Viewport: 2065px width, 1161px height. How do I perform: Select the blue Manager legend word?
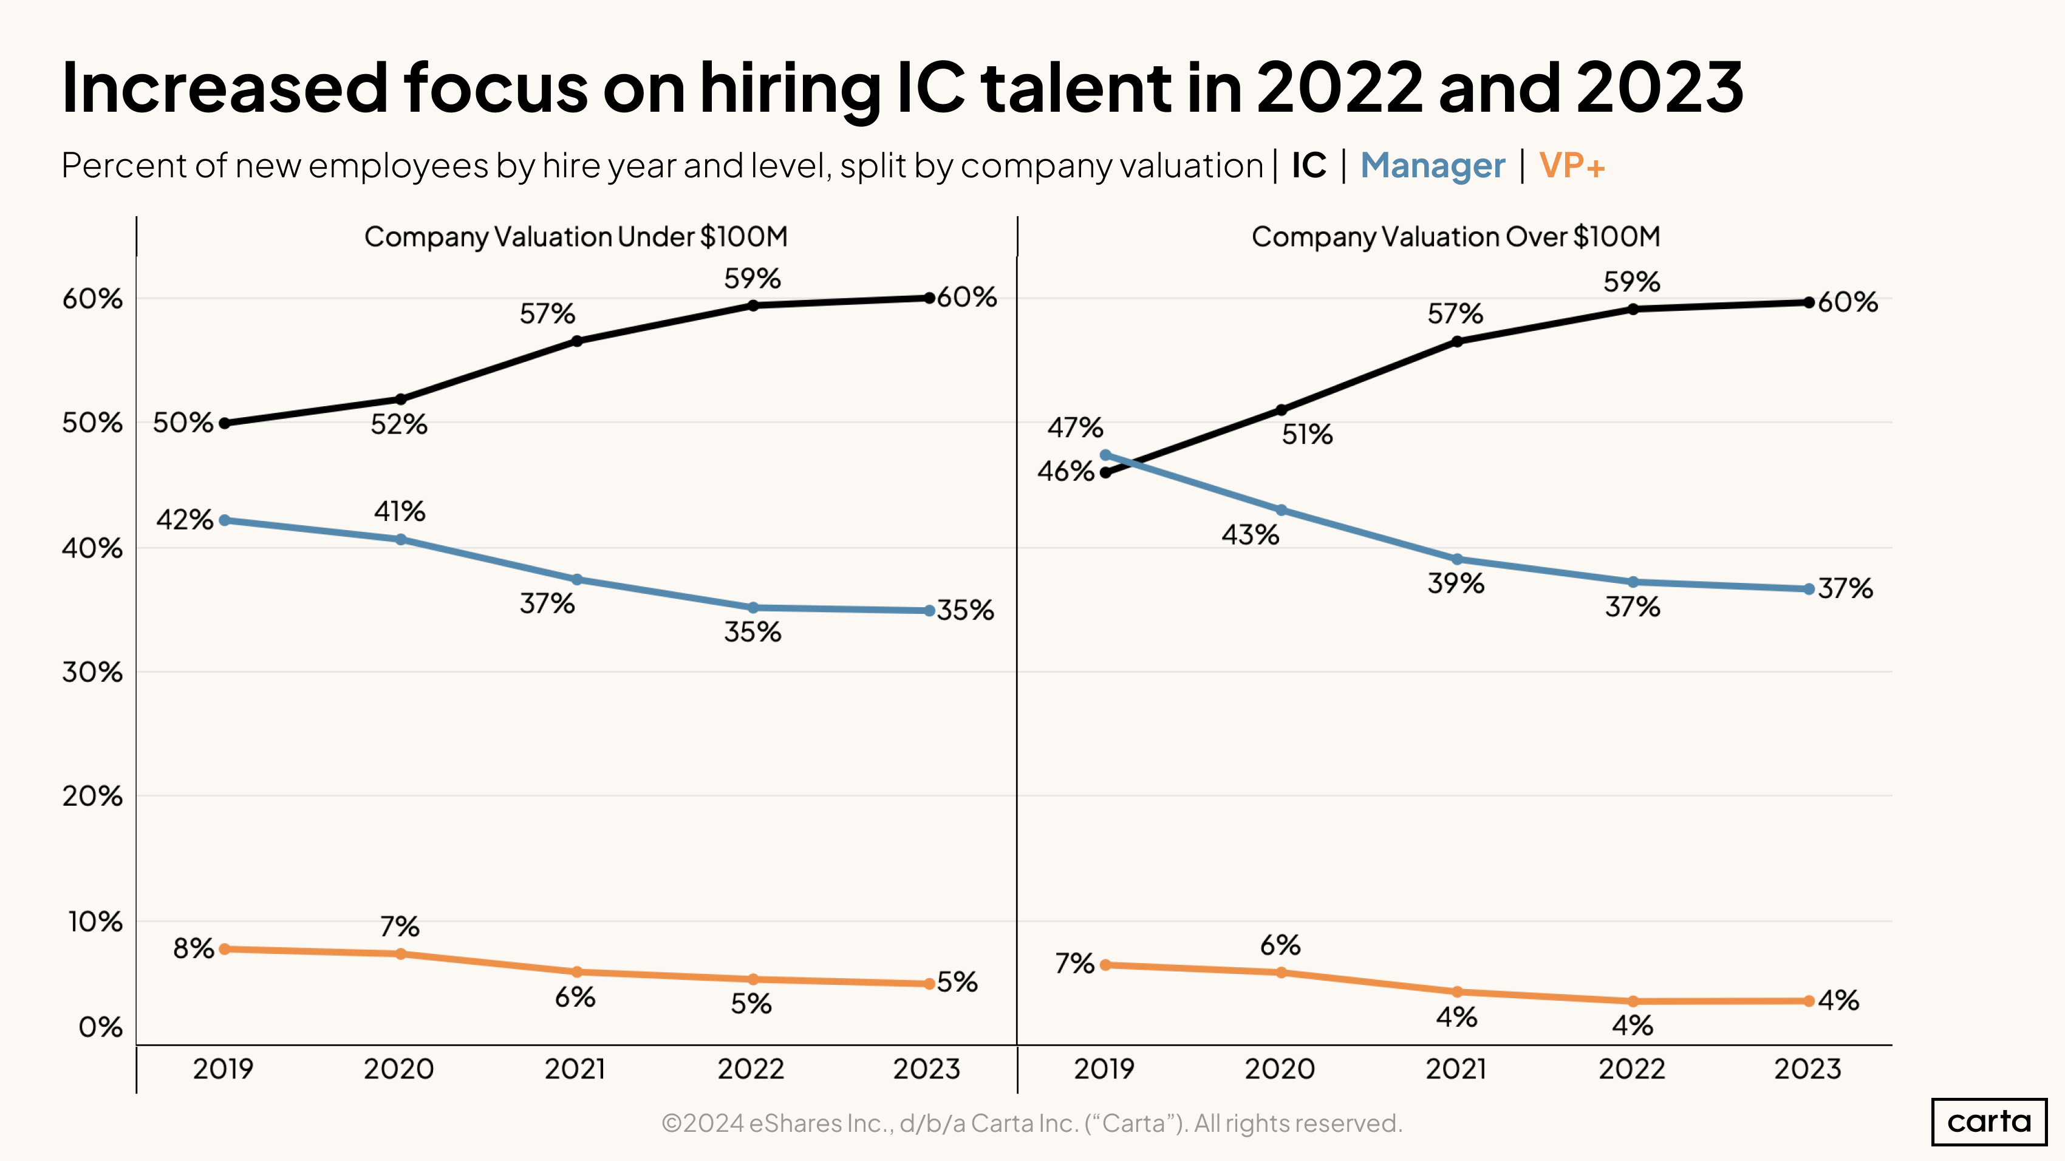[x=1433, y=166]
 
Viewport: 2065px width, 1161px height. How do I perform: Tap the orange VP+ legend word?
[x=1571, y=166]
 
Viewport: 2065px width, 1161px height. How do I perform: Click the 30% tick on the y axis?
[x=92, y=672]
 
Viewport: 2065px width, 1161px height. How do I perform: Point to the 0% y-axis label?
[x=100, y=1027]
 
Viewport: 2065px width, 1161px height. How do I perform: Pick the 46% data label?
[x=1065, y=471]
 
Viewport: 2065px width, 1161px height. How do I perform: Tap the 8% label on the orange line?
[x=193, y=948]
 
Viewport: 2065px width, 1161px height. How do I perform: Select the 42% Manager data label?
[x=185, y=519]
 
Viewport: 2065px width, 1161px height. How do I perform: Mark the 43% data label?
[x=1250, y=534]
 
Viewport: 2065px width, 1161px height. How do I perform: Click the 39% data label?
[x=1456, y=584]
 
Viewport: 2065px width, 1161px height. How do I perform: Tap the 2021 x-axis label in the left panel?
[x=575, y=1069]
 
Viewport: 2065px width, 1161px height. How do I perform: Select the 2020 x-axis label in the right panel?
[x=1280, y=1069]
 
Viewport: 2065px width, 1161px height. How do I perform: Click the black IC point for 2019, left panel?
[x=225, y=423]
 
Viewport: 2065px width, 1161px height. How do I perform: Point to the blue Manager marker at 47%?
[x=1105, y=455]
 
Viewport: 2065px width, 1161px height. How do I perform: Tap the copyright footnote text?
[x=1032, y=1123]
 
